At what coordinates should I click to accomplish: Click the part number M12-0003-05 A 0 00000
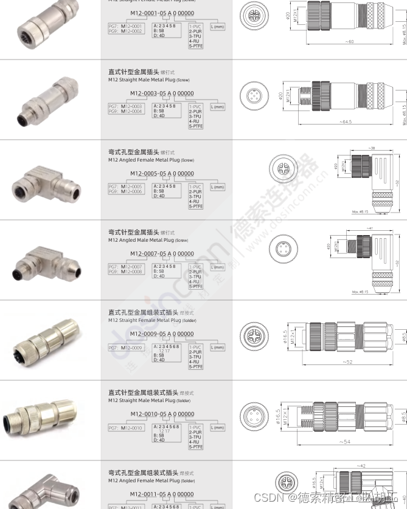click(162, 94)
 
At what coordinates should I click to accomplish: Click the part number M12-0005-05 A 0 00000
click(162, 174)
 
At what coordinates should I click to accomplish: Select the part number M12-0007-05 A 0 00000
click(162, 254)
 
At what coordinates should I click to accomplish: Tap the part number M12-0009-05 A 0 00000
click(162, 334)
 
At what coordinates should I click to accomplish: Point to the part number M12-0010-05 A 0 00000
click(162, 414)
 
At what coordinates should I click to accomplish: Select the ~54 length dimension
click(344, 442)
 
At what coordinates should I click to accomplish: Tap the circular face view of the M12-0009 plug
click(254, 336)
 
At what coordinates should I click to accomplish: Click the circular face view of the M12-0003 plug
click(254, 96)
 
